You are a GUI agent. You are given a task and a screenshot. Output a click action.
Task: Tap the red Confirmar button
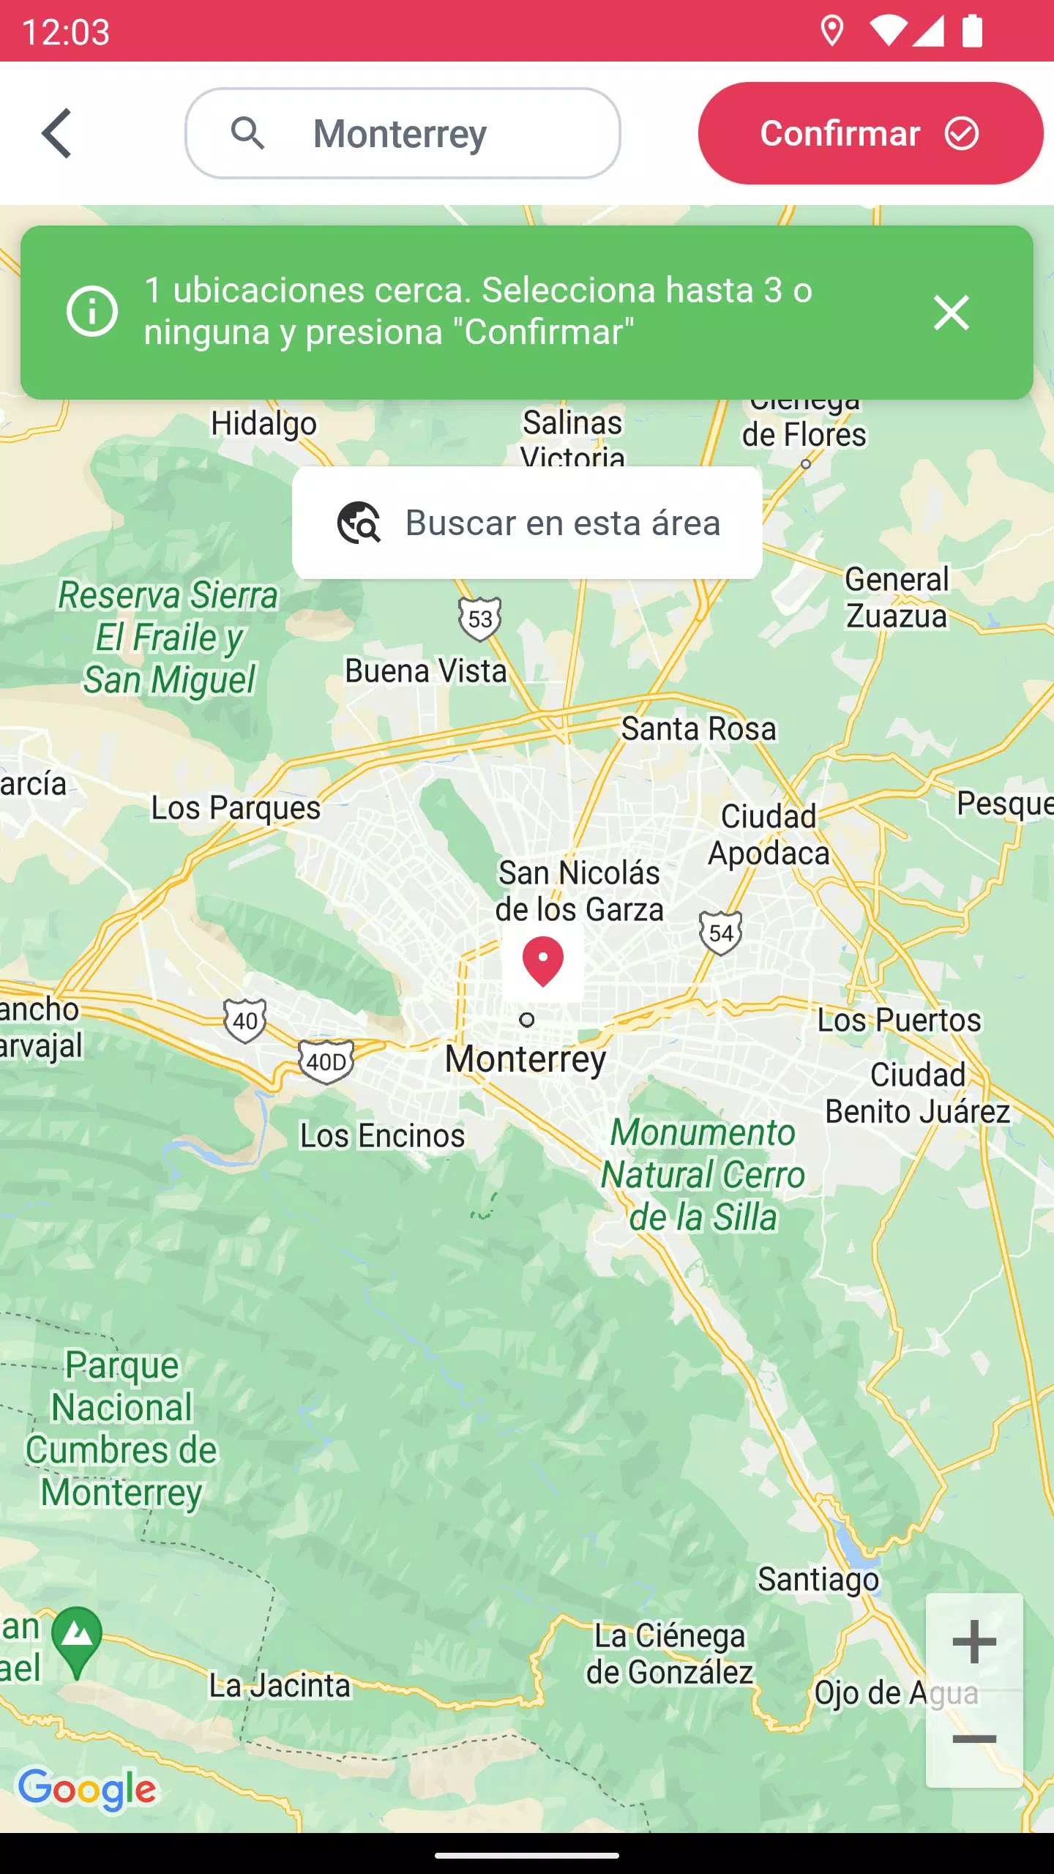coord(870,133)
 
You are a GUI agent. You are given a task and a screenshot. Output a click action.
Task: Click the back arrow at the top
coord(57,133)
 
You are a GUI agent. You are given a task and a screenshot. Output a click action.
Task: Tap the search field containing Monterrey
coord(403,133)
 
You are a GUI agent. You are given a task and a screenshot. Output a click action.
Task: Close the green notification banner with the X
coord(951,313)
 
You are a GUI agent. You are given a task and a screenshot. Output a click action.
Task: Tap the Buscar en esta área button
coord(527,523)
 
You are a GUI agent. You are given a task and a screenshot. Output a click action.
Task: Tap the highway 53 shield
coord(480,619)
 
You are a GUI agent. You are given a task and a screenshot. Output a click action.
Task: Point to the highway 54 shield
coord(720,933)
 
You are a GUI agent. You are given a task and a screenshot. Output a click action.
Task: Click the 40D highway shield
coord(326,1061)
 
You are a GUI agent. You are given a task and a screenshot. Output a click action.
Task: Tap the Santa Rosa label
coord(698,729)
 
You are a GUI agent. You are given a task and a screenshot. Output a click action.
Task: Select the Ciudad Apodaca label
coord(769,835)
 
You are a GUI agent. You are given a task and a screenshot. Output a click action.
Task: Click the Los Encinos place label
coord(382,1136)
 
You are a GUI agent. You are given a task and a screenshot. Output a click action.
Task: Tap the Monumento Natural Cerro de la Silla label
coord(703,1175)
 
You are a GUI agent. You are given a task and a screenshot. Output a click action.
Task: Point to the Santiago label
coord(818,1579)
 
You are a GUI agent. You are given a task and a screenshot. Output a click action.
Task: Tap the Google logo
coord(87,1789)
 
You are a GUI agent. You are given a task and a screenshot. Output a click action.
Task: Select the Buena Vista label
coord(426,671)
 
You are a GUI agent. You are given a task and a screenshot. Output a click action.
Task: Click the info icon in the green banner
coord(92,312)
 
